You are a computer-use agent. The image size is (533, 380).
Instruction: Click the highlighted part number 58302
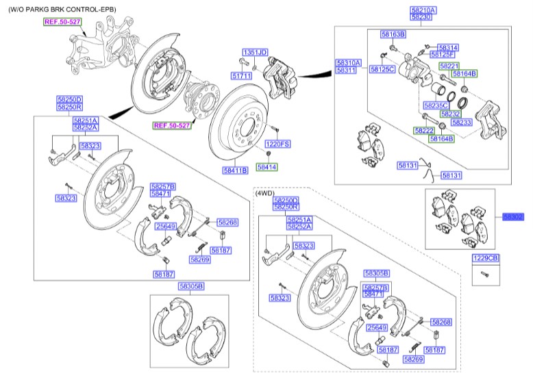coord(513,216)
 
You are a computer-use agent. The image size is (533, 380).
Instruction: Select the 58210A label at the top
coord(423,10)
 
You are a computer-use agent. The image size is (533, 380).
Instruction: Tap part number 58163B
coord(393,33)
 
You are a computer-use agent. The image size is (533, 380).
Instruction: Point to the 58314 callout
coord(449,47)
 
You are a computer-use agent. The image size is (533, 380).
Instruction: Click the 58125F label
coord(442,54)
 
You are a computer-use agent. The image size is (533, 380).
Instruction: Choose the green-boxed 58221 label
coord(449,66)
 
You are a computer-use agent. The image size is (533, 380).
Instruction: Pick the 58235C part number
coord(435,106)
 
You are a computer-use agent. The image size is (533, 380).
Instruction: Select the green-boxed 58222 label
coord(424,130)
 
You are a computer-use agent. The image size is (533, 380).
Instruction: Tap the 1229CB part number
coord(486,258)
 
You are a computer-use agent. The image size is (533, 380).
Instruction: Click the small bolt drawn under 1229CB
coord(485,275)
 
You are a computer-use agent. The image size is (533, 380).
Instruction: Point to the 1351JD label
coord(254,52)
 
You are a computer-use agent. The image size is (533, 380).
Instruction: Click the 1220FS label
coord(278,144)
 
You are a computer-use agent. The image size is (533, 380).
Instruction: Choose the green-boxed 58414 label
coord(266,166)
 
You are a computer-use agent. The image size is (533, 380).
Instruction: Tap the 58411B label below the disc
coord(234,170)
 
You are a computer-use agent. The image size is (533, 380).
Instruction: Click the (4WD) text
coord(264,194)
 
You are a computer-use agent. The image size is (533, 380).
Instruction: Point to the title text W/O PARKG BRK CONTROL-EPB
coord(62,9)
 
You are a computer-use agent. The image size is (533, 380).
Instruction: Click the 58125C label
coord(382,69)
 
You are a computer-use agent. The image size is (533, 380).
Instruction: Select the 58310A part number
coord(346,63)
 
